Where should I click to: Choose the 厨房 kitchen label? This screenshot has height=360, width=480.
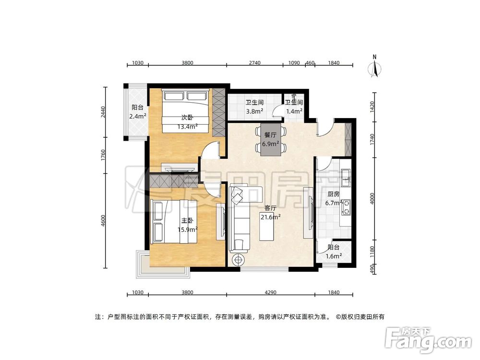334,194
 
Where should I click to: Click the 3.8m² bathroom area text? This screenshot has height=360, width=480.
254,111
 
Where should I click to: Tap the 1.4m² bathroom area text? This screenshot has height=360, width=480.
294,111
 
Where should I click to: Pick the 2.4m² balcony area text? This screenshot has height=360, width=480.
137,116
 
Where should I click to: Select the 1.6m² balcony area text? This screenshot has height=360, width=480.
334,256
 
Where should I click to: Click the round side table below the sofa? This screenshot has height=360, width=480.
238,260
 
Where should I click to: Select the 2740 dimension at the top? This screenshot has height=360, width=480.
254,63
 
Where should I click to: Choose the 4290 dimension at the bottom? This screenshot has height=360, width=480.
270,292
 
